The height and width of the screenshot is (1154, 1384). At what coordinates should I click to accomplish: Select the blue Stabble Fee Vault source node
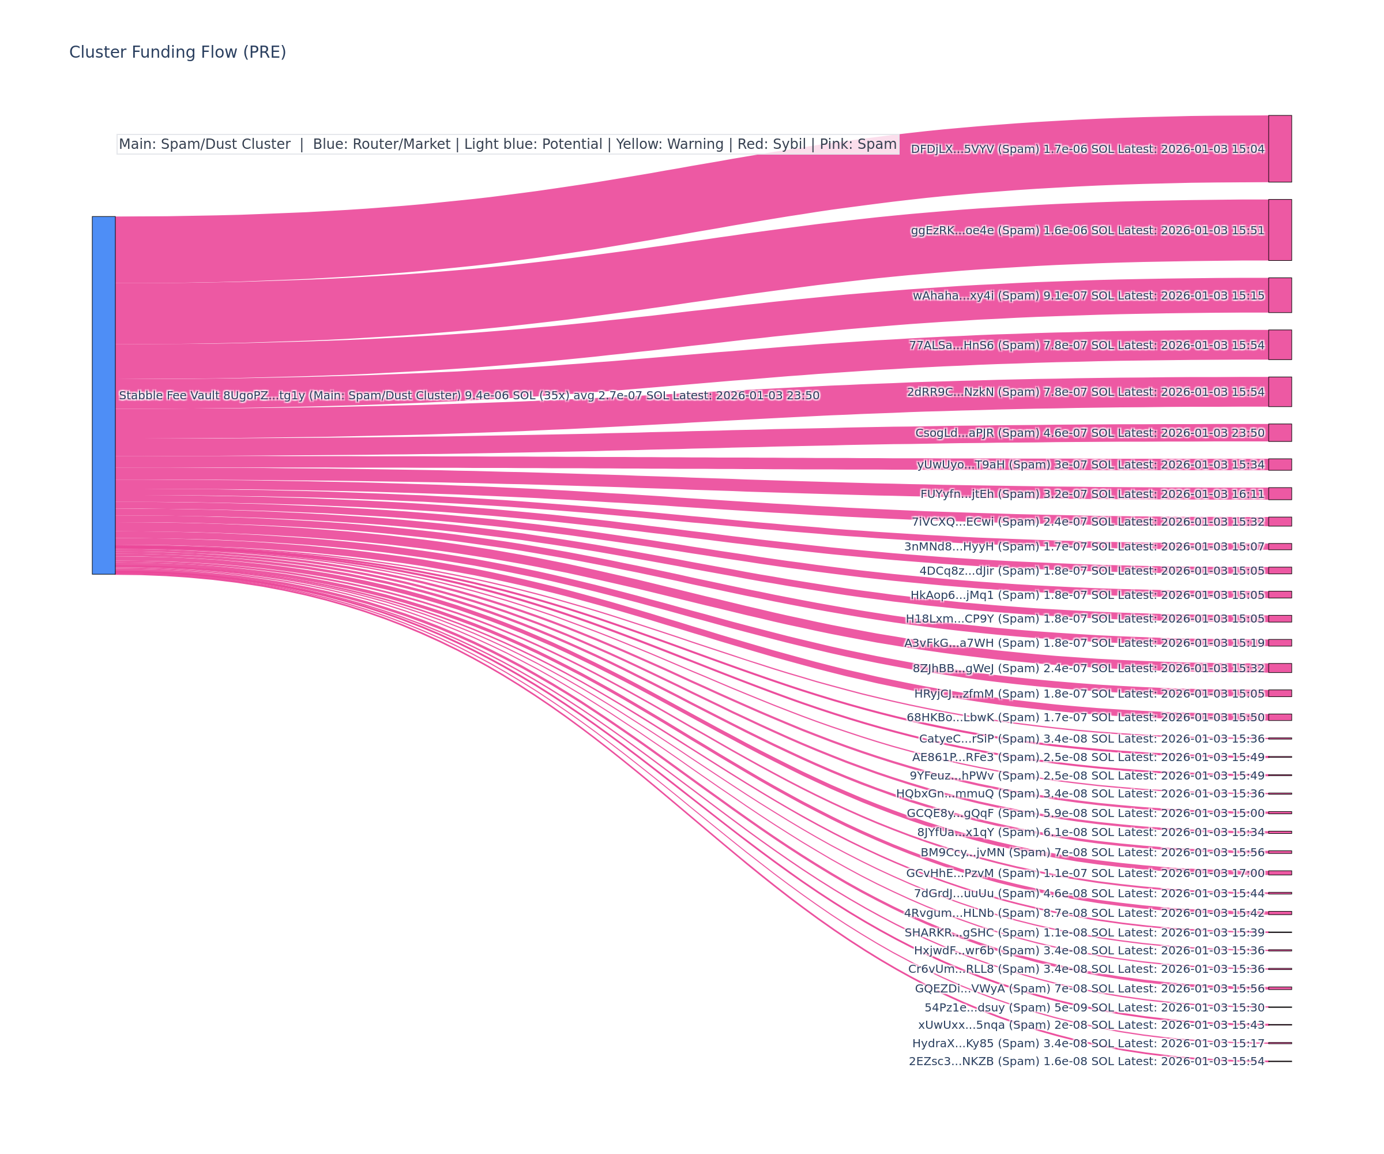coord(103,395)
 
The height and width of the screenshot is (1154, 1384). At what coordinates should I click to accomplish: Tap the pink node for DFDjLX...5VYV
coord(1279,148)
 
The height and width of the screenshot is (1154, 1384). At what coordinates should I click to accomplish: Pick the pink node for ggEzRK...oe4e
coord(1279,230)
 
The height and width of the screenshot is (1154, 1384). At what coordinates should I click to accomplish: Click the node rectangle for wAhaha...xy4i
coord(1279,295)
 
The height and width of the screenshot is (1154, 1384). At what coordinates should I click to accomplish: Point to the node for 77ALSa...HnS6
coord(1279,345)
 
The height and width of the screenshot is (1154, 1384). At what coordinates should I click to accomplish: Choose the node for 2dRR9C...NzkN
coord(1279,392)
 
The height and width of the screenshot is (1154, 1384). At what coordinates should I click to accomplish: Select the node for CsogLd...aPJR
coord(1279,433)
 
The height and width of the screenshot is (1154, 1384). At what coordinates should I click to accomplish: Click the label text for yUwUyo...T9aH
coord(1090,465)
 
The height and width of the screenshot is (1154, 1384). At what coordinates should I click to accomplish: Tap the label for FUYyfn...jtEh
coord(1092,494)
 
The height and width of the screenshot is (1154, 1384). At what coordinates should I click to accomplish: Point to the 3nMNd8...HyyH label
coord(1084,546)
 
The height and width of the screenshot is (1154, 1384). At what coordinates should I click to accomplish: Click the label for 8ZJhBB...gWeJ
coord(1088,668)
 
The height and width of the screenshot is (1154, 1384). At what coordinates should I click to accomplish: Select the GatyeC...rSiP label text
coord(1092,739)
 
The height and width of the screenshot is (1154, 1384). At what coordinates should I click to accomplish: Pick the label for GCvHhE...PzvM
coord(1085,873)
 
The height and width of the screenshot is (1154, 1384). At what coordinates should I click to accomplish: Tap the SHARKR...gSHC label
coord(1084,932)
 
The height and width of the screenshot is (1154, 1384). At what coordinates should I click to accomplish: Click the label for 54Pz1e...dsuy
coord(1094,1007)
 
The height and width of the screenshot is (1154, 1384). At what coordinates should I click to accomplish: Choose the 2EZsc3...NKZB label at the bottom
coord(1086,1061)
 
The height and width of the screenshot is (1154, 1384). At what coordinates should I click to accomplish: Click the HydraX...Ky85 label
coord(1088,1043)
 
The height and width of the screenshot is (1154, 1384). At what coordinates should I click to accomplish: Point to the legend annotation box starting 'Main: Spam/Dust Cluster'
coord(507,144)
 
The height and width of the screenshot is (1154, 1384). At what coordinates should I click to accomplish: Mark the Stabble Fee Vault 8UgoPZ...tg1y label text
coord(469,396)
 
